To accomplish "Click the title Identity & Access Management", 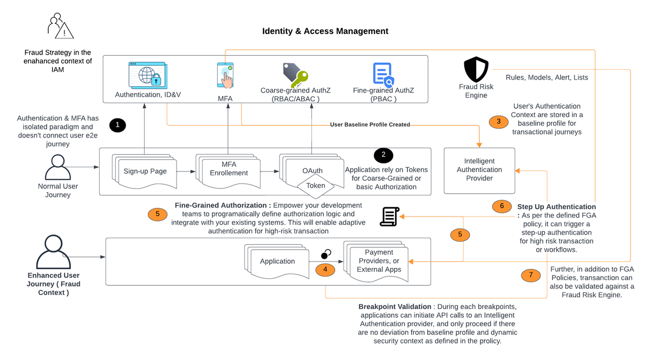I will [325, 31].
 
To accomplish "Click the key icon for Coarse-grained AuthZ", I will [295, 75].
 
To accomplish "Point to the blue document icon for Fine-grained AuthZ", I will [382, 75].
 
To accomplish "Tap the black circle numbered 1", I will [118, 125].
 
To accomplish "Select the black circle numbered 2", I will [383, 155].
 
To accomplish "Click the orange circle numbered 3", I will [498, 121].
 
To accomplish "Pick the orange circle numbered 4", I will [325, 269].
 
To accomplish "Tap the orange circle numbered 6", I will [502, 206].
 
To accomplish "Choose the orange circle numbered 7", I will [531, 275].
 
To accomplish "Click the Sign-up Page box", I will [145, 172].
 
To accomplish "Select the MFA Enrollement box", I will [229, 169].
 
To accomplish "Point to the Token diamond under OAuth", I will [316, 186].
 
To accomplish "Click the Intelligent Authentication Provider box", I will [479, 170].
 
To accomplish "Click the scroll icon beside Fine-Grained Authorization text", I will [388, 217].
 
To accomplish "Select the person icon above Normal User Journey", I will [58, 167].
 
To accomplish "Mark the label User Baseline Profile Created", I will [370, 125].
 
